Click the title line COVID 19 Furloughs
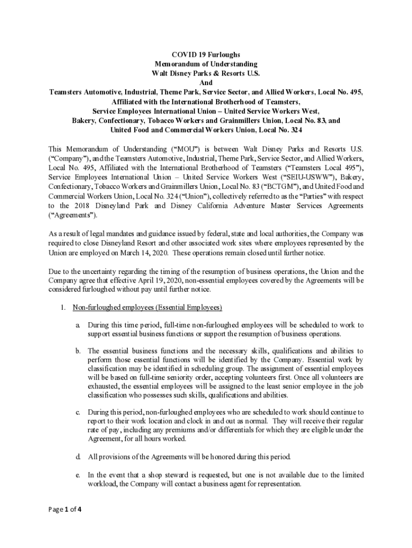click(x=206, y=55)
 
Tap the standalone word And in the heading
click(x=206, y=83)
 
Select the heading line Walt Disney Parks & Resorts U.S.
click(x=206, y=73)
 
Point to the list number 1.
click(x=63, y=308)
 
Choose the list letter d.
click(x=78, y=456)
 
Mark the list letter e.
click(x=78, y=475)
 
